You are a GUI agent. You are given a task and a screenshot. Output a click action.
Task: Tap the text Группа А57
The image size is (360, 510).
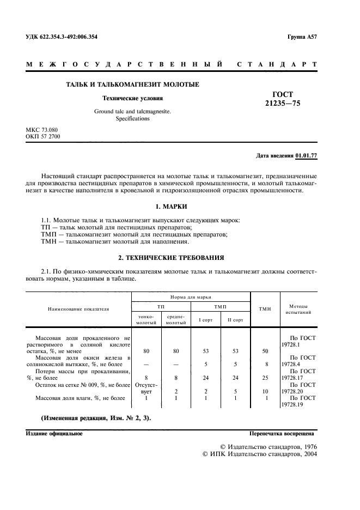coord(302,37)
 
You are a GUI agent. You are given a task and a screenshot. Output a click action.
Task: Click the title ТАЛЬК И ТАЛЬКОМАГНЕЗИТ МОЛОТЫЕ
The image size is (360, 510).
coord(132,84)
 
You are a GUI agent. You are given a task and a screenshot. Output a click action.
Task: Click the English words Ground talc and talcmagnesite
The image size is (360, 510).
coord(132,111)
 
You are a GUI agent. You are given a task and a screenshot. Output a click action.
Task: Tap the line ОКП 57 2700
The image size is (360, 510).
coord(43,136)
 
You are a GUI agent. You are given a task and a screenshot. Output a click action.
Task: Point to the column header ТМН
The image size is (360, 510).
coord(265,309)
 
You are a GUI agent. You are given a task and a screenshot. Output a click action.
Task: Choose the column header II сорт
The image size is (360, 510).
coord(235,320)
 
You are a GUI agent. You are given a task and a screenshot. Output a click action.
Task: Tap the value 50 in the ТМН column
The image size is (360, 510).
coord(265,352)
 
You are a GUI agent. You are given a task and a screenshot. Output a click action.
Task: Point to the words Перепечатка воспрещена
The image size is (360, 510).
coord(281,434)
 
